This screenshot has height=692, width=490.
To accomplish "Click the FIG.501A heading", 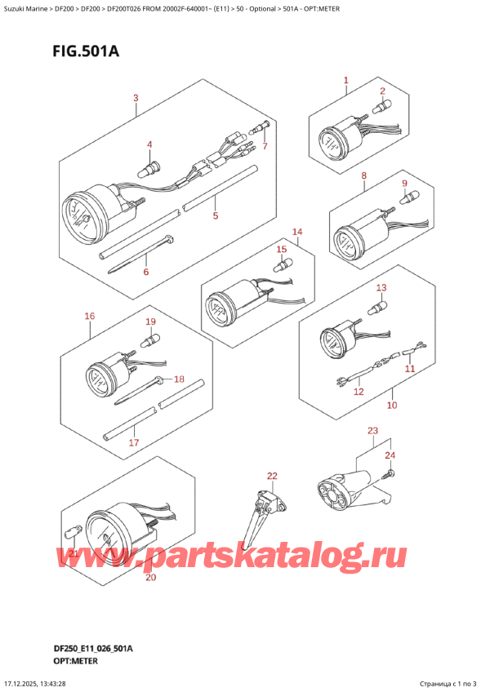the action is (x=86, y=51).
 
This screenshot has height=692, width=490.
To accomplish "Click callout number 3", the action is (x=136, y=98).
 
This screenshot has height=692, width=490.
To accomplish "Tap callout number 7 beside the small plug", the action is (x=265, y=145).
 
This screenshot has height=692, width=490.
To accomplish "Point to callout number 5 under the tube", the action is (x=215, y=215).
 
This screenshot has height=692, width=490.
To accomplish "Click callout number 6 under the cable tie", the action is (x=146, y=272).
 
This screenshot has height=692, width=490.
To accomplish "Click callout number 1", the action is (x=346, y=80).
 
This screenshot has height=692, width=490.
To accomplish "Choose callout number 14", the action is (x=297, y=232).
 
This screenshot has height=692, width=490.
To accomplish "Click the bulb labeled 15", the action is (x=282, y=266).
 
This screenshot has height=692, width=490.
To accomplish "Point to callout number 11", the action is (x=410, y=368).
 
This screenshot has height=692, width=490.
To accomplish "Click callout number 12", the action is (x=359, y=391).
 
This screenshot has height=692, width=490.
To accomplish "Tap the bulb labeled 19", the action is (x=150, y=341).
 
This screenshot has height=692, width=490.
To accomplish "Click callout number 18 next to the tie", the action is (x=179, y=379).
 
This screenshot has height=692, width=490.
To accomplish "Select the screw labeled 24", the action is (x=388, y=474).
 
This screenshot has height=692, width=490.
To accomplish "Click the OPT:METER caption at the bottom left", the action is (x=69, y=661).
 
